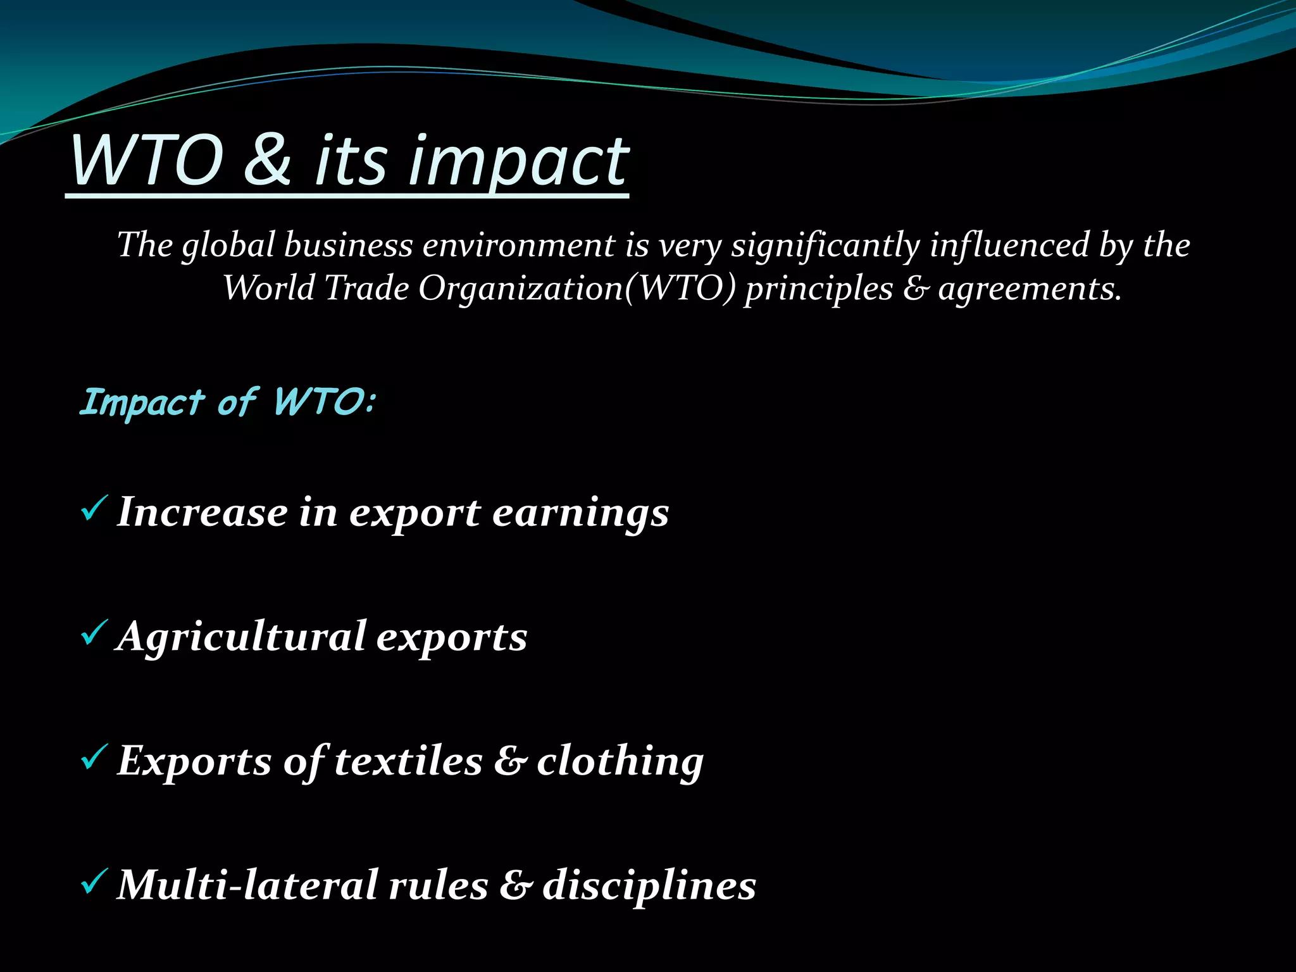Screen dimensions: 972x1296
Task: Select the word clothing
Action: (620, 761)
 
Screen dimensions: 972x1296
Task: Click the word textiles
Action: (408, 761)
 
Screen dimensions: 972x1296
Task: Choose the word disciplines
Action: (649, 885)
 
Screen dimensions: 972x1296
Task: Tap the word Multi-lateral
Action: (247, 885)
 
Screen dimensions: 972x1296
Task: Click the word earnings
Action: (580, 513)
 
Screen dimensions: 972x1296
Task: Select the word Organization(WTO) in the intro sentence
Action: (576, 289)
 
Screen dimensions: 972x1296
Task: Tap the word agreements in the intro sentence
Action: (1030, 289)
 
